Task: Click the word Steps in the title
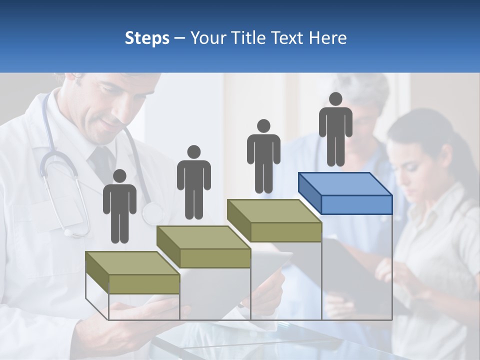coord(147,38)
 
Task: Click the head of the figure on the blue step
coord(335,99)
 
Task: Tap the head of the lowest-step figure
coord(119,176)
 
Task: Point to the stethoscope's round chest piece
coord(152,214)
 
